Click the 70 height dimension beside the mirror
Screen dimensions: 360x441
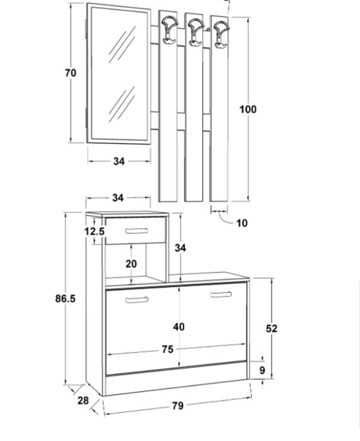pos(71,73)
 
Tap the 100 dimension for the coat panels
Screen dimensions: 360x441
pos(248,109)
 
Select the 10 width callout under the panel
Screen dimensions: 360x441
pos(241,223)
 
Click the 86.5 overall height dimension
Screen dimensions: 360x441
pos(65,298)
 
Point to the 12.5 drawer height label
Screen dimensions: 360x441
pos(95,232)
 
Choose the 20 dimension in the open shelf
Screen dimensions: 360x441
pos(131,264)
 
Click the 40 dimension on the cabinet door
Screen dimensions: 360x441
pos(178,327)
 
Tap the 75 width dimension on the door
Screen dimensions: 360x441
pos(168,349)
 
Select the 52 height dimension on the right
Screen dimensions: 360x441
pos(272,328)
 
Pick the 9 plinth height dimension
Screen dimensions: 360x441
pos(262,370)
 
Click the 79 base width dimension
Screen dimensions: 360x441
pos(178,406)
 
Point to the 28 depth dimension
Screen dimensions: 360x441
pos(83,400)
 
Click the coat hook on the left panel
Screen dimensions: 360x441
pos(169,31)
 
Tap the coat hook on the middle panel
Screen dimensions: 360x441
pos(195,32)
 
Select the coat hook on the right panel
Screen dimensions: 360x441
pos(221,33)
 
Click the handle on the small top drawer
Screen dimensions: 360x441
pos(137,231)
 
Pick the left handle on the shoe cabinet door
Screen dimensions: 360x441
pos(137,300)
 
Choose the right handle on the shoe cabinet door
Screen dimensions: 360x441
pos(221,295)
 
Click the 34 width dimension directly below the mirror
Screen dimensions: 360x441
pos(119,161)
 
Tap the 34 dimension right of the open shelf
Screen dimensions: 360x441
pos(180,248)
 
